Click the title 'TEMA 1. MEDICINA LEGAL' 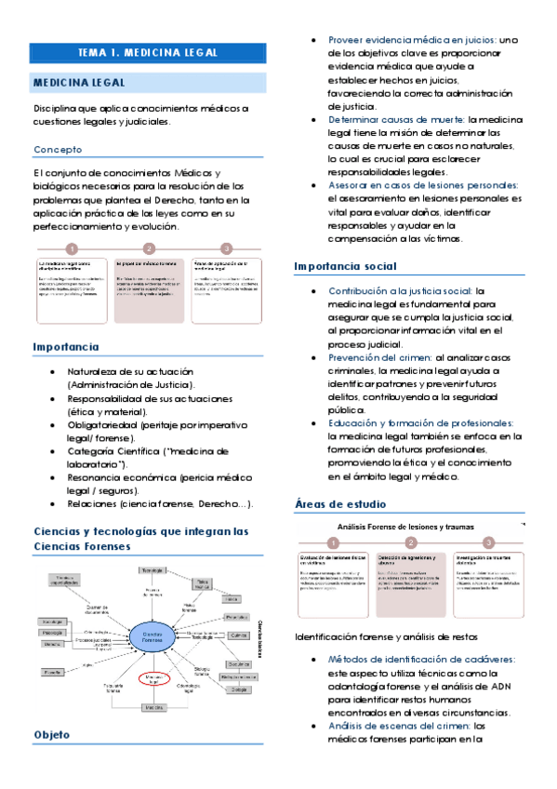(x=147, y=53)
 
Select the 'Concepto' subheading (x=59, y=150)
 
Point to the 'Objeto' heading (x=52, y=734)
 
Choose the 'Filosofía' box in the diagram (x=53, y=670)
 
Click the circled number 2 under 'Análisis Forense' (x=410, y=542)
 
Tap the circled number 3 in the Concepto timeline (x=225, y=248)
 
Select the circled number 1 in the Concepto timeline (x=72, y=248)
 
